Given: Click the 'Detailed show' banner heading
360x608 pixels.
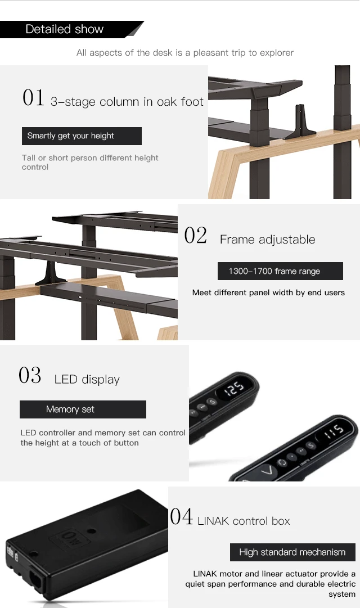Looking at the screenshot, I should [65, 29].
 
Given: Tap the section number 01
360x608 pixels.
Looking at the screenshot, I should [33, 98].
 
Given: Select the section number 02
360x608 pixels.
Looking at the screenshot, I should [196, 236].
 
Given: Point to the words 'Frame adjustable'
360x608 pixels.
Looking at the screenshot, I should [267, 240].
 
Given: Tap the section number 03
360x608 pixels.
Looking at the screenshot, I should [30, 376].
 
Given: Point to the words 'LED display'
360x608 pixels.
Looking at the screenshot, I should [87, 380].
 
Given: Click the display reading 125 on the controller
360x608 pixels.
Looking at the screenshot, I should [235, 388].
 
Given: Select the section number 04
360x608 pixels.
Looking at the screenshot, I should [181, 516].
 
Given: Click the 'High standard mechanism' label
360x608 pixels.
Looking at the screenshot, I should [292, 552].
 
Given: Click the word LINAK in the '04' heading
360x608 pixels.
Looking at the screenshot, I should [213, 521].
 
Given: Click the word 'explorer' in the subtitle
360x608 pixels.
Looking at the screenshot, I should [276, 53].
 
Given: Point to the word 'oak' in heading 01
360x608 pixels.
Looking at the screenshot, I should [167, 102].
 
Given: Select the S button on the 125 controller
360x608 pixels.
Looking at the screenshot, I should [211, 402].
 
